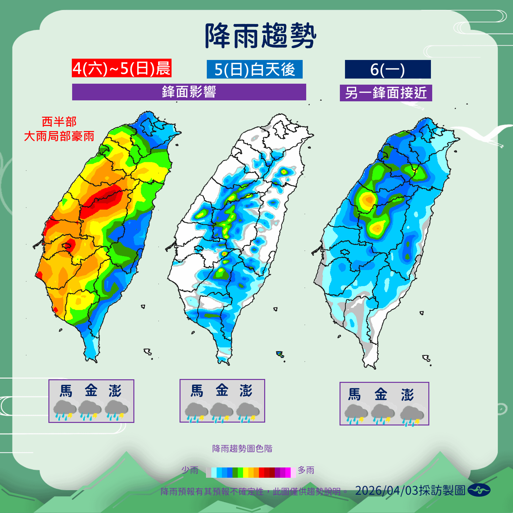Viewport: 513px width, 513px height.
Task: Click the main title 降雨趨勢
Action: tap(260, 36)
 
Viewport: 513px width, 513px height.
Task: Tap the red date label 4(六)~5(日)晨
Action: tap(122, 68)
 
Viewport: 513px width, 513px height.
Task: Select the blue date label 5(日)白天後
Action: tap(255, 69)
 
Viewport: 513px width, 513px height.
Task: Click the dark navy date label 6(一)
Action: tap(388, 69)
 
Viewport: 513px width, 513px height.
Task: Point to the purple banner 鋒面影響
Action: tap(189, 92)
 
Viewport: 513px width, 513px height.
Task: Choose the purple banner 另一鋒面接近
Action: tap(386, 93)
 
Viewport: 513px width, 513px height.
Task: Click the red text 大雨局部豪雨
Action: tap(59, 136)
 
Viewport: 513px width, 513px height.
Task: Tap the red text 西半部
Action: tap(59, 122)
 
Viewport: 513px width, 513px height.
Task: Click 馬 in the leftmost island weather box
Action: tap(66, 391)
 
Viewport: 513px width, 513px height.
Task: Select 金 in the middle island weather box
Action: tap(222, 391)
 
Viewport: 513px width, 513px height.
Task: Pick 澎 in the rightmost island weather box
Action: tap(407, 395)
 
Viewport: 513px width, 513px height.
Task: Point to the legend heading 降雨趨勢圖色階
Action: tap(242, 449)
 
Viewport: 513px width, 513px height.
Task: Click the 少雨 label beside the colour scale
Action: tap(190, 470)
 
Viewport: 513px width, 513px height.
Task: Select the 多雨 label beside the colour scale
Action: tap(306, 470)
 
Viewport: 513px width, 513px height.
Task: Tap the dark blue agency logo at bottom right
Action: tap(479, 490)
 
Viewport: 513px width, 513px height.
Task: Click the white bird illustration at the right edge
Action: tap(487, 135)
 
